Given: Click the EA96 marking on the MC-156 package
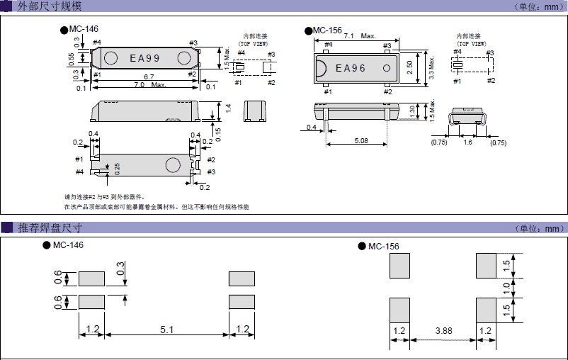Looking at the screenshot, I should click(351, 68).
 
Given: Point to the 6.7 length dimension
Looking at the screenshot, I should click(149, 77).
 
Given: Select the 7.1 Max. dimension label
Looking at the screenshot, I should click(359, 35).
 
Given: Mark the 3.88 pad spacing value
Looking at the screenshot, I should click(443, 331).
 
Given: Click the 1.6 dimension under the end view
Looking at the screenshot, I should click(467, 142).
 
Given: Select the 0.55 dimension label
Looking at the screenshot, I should click(71, 57).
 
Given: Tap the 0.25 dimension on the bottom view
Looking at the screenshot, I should click(117, 167).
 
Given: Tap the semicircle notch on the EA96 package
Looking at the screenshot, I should click(320, 68).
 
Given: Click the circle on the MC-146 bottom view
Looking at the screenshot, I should click(172, 165).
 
